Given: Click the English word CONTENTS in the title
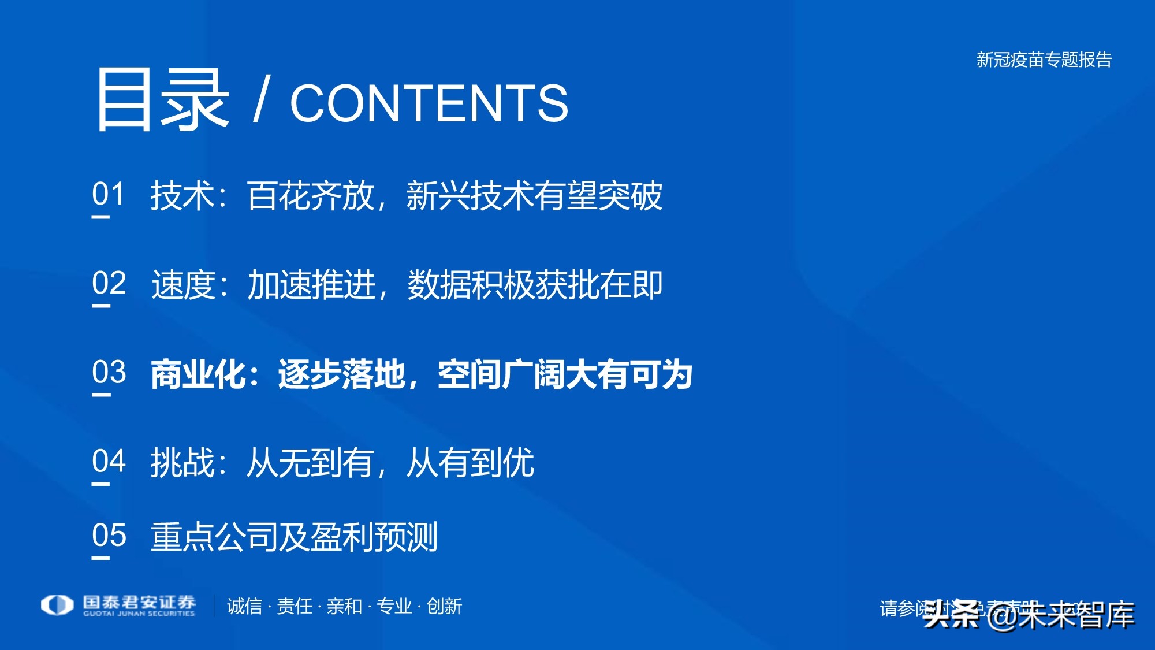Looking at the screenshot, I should pyautogui.click(x=429, y=103).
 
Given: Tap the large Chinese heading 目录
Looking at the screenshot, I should pyautogui.click(x=162, y=99).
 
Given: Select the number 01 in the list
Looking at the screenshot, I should pyautogui.click(x=109, y=194).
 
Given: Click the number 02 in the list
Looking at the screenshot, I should pyautogui.click(x=109, y=283).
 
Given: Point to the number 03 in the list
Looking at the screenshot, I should pyautogui.click(x=109, y=372).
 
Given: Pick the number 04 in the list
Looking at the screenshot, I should pyautogui.click(x=109, y=461).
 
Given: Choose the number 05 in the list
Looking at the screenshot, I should pyautogui.click(x=109, y=535).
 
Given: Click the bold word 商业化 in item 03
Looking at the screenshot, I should pyautogui.click(x=199, y=374).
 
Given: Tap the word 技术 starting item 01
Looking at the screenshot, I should pyautogui.click(x=182, y=195).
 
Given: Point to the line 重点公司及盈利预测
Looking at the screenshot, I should pyautogui.click(x=294, y=537).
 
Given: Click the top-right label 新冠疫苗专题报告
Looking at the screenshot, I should pyautogui.click(x=1044, y=60).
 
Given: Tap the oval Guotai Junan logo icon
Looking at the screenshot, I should pyautogui.click(x=57, y=605).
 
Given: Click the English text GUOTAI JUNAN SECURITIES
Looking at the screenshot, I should pyautogui.click(x=139, y=614).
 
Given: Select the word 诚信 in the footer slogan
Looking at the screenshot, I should pyautogui.click(x=244, y=606).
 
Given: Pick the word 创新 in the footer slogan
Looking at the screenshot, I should pyautogui.click(x=444, y=606).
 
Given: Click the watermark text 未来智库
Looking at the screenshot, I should pyautogui.click(x=1076, y=615).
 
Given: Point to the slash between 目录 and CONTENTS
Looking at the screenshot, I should pyautogui.click(x=260, y=101).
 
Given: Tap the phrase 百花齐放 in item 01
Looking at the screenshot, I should pyautogui.click(x=311, y=195).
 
